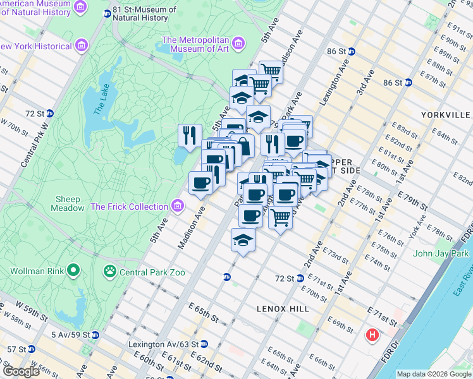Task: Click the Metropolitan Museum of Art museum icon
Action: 238,43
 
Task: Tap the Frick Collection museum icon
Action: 178,207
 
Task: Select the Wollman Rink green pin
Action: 73,271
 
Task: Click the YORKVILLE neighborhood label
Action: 445,115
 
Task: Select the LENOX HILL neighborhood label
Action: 283,309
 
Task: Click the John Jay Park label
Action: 441,254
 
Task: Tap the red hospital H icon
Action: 373,334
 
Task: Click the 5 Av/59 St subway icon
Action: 95,335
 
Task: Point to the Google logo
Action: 21,371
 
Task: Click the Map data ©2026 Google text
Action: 434,374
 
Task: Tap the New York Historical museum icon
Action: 82,46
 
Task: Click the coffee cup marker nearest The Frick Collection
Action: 201,183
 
